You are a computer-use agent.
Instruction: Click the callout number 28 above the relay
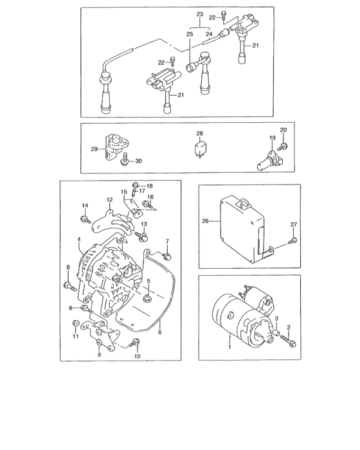[x=199, y=134]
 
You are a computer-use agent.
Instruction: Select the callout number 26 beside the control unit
[x=206, y=222]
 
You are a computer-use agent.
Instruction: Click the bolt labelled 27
[x=293, y=241]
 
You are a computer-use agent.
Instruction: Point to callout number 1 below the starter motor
[x=229, y=346]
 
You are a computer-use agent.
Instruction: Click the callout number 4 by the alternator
[x=78, y=240]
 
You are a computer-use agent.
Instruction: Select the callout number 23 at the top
[x=199, y=14]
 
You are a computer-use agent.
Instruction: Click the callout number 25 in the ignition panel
[x=190, y=33]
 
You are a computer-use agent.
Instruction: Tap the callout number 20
[x=283, y=130]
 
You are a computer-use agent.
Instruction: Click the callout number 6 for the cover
[x=159, y=332]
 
